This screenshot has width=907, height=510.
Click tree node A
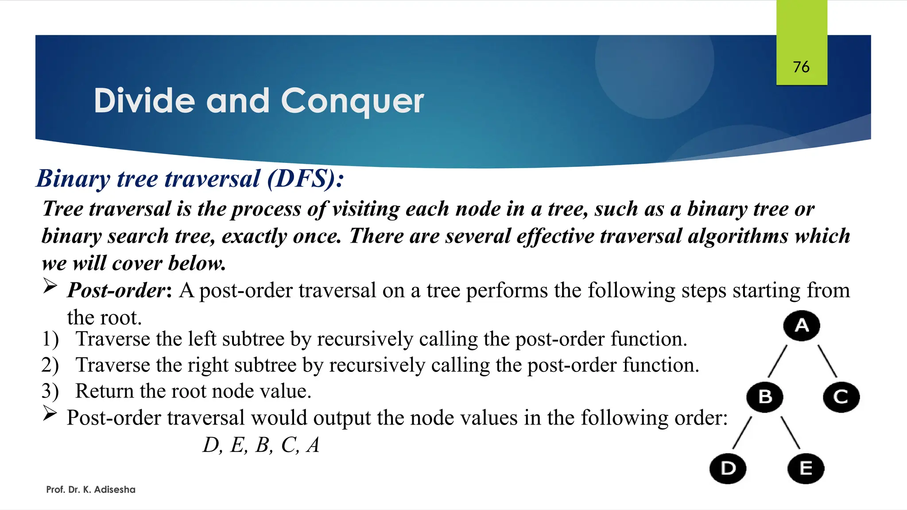(x=802, y=326)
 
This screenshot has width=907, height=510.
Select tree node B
(x=765, y=397)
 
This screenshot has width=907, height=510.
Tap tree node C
(x=841, y=397)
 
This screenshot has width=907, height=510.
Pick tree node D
(x=728, y=468)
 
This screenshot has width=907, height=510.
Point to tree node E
(x=806, y=468)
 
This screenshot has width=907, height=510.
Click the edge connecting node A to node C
(x=827, y=361)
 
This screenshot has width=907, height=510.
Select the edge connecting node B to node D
(x=743, y=433)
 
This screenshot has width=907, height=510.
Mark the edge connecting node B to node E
(x=790, y=433)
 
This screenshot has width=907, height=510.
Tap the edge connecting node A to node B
(x=778, y=361)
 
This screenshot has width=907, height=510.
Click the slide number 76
(x=801, y=67)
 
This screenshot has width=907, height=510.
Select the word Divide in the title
(x=144, y=100)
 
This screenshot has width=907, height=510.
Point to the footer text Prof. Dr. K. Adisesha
(x=91, y=490)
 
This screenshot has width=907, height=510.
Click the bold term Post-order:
(x=119, y=290)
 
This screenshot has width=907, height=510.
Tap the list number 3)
(x=50, y=391)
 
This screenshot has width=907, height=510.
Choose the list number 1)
(x=50, y=339)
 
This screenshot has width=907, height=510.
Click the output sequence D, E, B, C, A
(x=261, y=445)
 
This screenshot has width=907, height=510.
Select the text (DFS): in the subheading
(x=305, y=179)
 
